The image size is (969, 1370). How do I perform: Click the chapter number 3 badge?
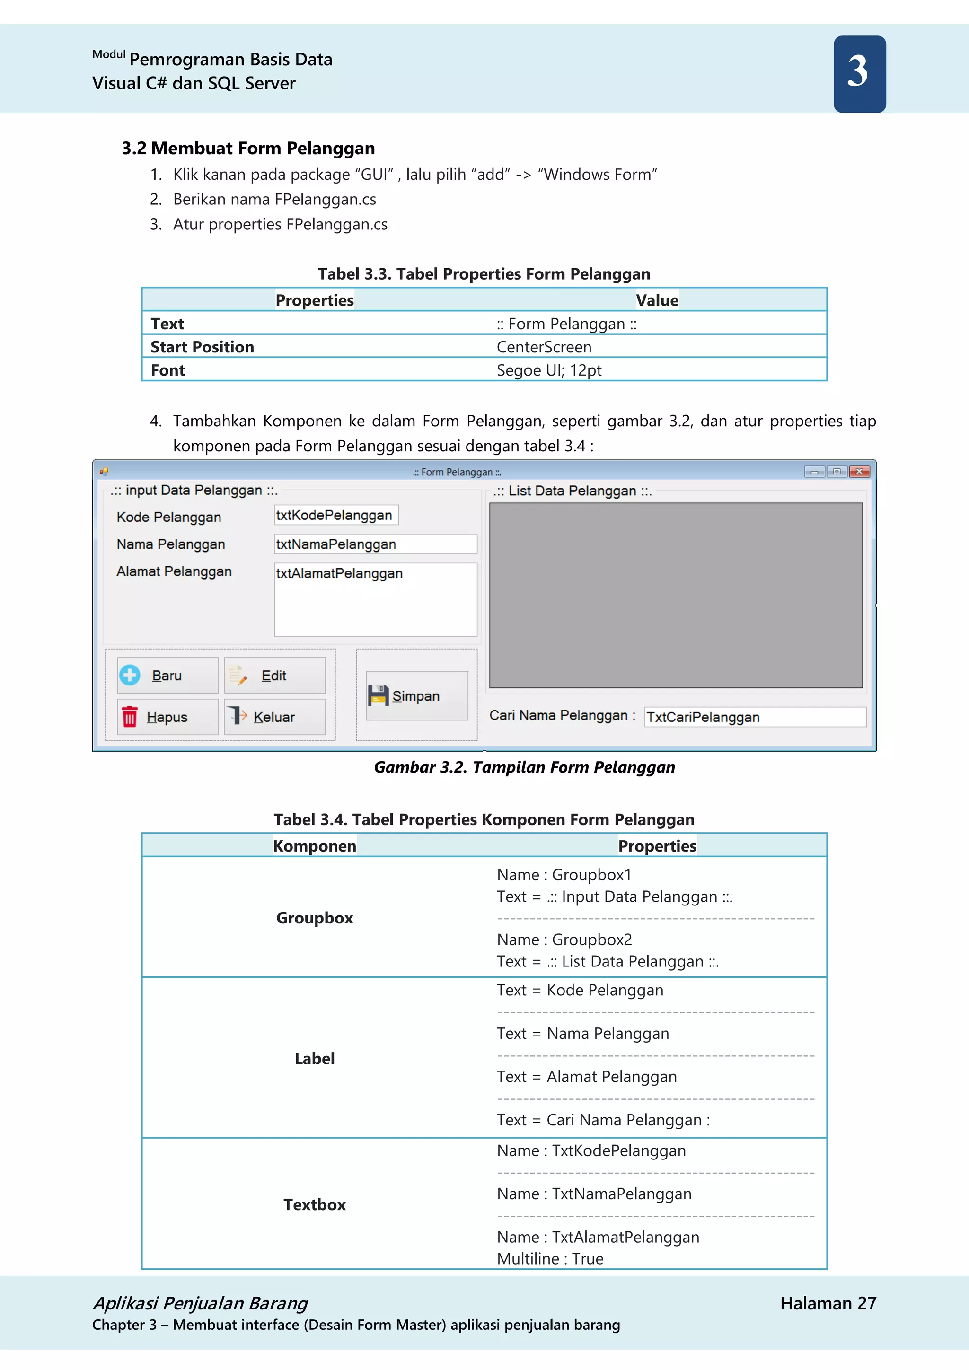[x=859, y=73]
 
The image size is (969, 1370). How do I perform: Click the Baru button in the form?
[x=167, y=676]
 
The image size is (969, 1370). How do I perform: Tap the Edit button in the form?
[x=274, y=676]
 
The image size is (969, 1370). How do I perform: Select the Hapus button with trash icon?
[x=167, y=717]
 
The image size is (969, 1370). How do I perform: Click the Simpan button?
[x=416, y=696]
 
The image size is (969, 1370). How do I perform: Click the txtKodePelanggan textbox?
[x=336, y=516]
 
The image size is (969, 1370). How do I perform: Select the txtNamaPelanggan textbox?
[x=375, y=544]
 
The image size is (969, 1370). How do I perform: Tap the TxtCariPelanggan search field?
[x=755, y=717]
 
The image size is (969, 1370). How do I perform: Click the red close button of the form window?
[x=859, y=471]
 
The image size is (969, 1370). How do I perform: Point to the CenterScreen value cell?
[x=544, y=347]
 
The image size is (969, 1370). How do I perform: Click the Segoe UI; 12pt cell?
[x=549, y=370]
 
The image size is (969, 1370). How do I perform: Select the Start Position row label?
[x=203, y=347]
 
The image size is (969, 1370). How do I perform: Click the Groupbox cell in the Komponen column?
[x=315, y=918]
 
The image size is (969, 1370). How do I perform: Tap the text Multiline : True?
[x=550, y=1259]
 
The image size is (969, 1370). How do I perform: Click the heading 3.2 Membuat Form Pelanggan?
[x=248, y=148]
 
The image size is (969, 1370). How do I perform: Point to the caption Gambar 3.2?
[x=524, y=767]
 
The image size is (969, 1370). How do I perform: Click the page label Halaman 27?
[x=828, y=1303]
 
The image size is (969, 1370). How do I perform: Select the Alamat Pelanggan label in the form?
[x=174, y=571]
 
